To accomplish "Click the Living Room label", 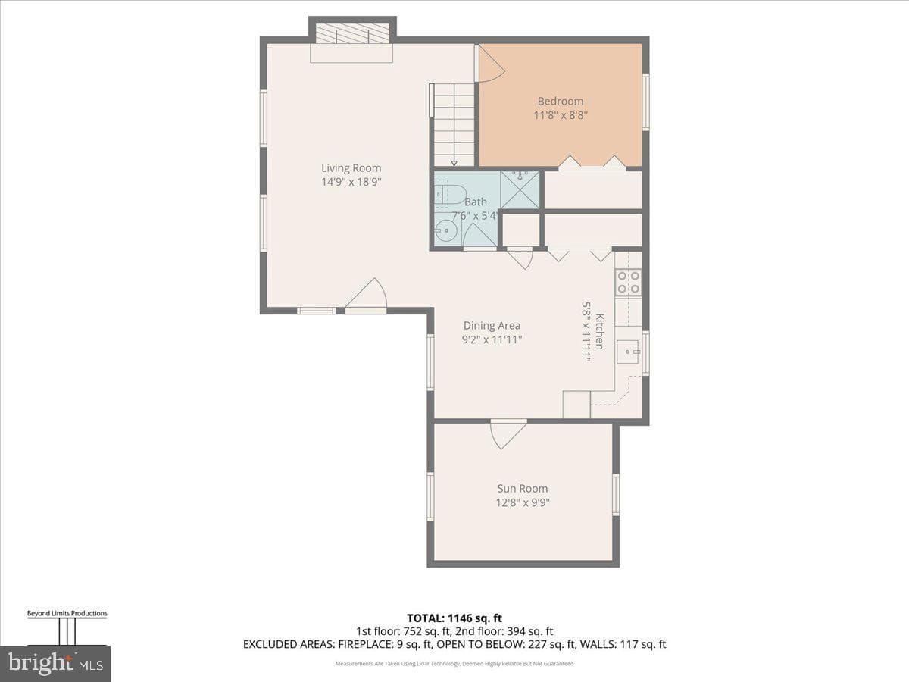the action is click(351, 168).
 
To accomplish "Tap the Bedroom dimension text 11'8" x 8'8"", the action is click(561, 115).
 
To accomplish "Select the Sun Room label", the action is click(522, 489).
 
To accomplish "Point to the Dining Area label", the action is click(492, 326).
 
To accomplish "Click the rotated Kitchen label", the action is click(599, 331).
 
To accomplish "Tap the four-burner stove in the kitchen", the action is click(628, 282).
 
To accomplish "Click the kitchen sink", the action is click(628, 352).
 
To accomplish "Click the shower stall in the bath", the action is click(520, 190).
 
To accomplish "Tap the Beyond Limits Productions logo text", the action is click(67, 613).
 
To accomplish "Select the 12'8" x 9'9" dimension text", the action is click(523, 502).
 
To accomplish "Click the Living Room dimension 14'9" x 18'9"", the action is click(351, 182).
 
